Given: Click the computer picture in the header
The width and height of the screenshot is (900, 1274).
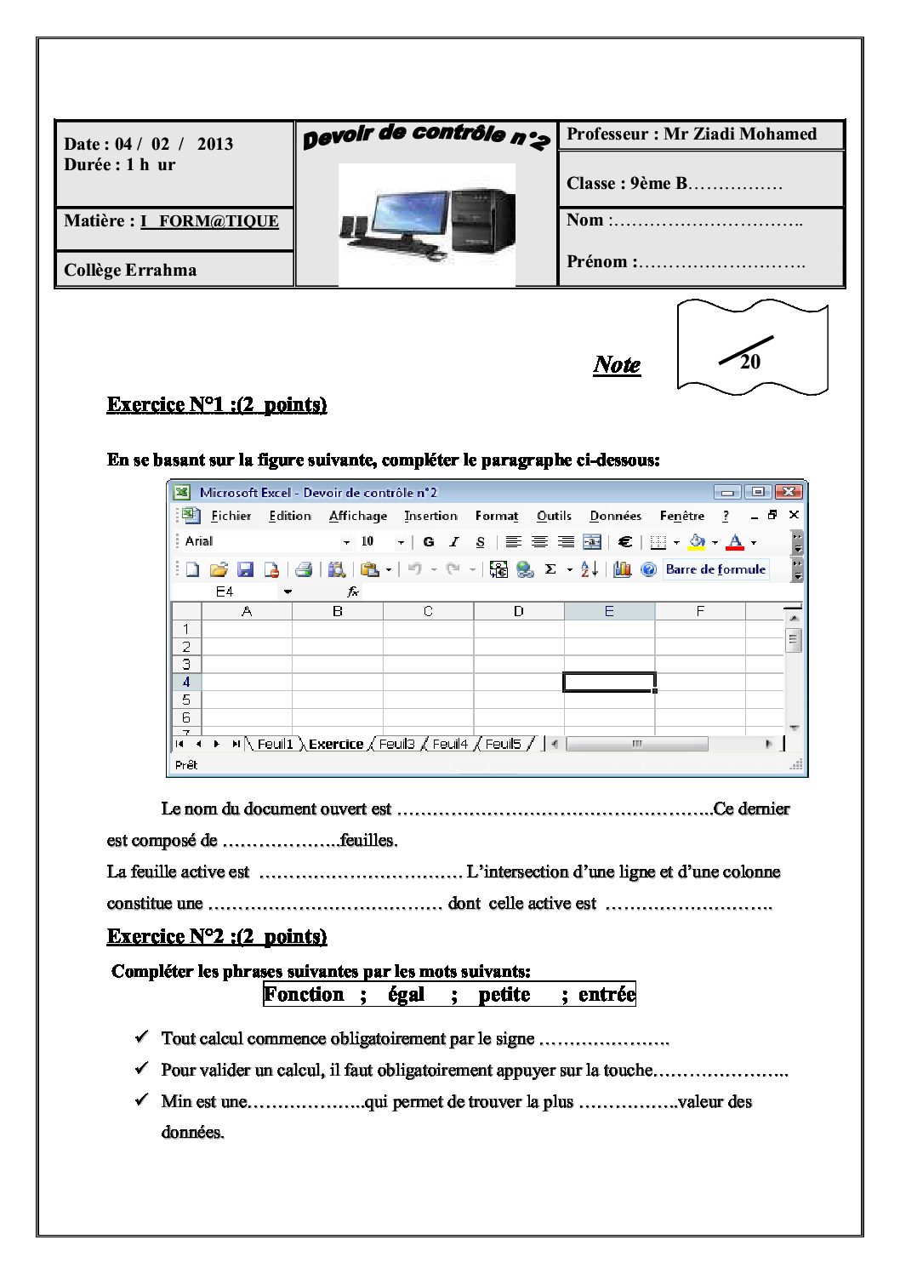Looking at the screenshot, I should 427,223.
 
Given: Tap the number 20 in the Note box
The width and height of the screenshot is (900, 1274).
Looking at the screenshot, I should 749,362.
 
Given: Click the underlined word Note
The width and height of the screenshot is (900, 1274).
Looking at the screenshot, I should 617,365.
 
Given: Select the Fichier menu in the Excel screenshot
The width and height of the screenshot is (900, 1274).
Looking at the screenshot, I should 231,516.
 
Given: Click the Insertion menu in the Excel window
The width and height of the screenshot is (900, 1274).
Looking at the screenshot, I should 430,516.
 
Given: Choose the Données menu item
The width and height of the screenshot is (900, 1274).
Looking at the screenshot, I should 615,516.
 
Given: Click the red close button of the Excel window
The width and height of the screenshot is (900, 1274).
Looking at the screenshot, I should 789,492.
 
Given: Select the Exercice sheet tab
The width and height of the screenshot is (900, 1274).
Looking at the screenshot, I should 335,744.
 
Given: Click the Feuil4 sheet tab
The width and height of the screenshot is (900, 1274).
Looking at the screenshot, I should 450,744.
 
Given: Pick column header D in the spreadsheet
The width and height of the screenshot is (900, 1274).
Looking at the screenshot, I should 518,611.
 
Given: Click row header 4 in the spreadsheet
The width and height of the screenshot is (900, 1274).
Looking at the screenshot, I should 186,682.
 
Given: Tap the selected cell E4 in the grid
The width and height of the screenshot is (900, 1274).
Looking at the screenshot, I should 609,682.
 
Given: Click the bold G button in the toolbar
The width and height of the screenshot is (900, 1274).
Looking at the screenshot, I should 429,541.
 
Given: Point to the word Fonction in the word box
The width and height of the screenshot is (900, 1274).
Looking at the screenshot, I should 304,994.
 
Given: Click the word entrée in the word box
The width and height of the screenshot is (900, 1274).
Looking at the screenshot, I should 607,994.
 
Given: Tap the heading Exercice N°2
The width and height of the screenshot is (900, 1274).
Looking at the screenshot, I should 217,936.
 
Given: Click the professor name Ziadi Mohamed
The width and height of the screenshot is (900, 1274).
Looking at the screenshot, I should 740,134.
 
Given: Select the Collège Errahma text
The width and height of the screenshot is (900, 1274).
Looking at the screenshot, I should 130,270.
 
